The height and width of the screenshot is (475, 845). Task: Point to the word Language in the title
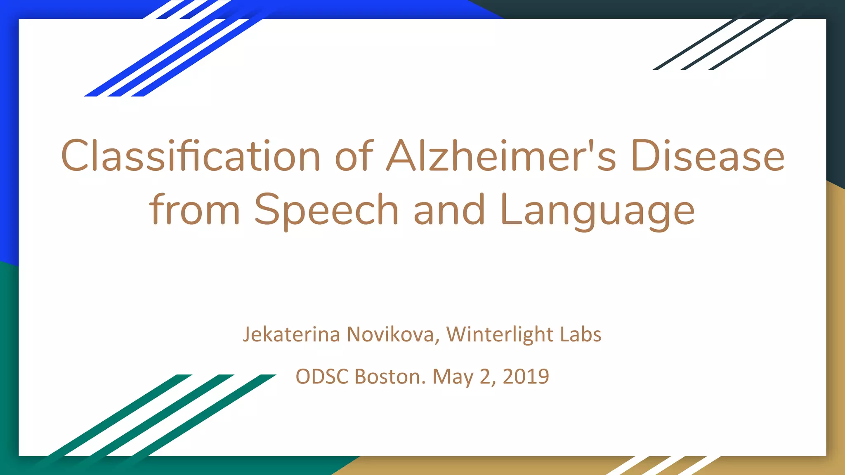tap(597, 210)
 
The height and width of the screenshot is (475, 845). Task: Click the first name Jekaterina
tap(291, 334)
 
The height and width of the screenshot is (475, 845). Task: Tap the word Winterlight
tap(500, 334)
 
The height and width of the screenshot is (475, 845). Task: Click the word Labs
tap(581, 334)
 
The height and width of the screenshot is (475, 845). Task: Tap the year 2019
tap(526, 376)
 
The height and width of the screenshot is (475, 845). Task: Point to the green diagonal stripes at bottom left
tap(157, 416)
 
